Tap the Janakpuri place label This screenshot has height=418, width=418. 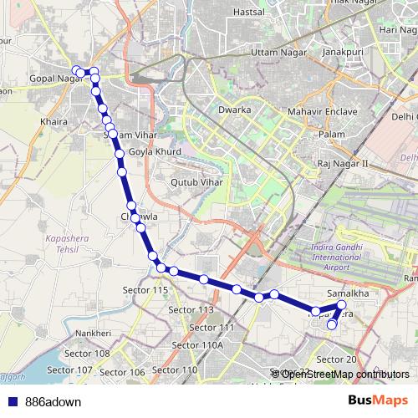coord(344,74)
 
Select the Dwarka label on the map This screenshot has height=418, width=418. coord(234,110)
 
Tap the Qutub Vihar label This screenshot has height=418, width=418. coord(196,181)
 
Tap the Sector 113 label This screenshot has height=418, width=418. coord(191,309)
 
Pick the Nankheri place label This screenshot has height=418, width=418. coord(94,334)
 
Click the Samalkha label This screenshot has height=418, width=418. coord(349,293)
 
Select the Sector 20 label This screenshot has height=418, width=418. coord(337,359)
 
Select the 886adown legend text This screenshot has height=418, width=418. coord(54,402)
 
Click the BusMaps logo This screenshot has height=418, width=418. coord(376,401)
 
